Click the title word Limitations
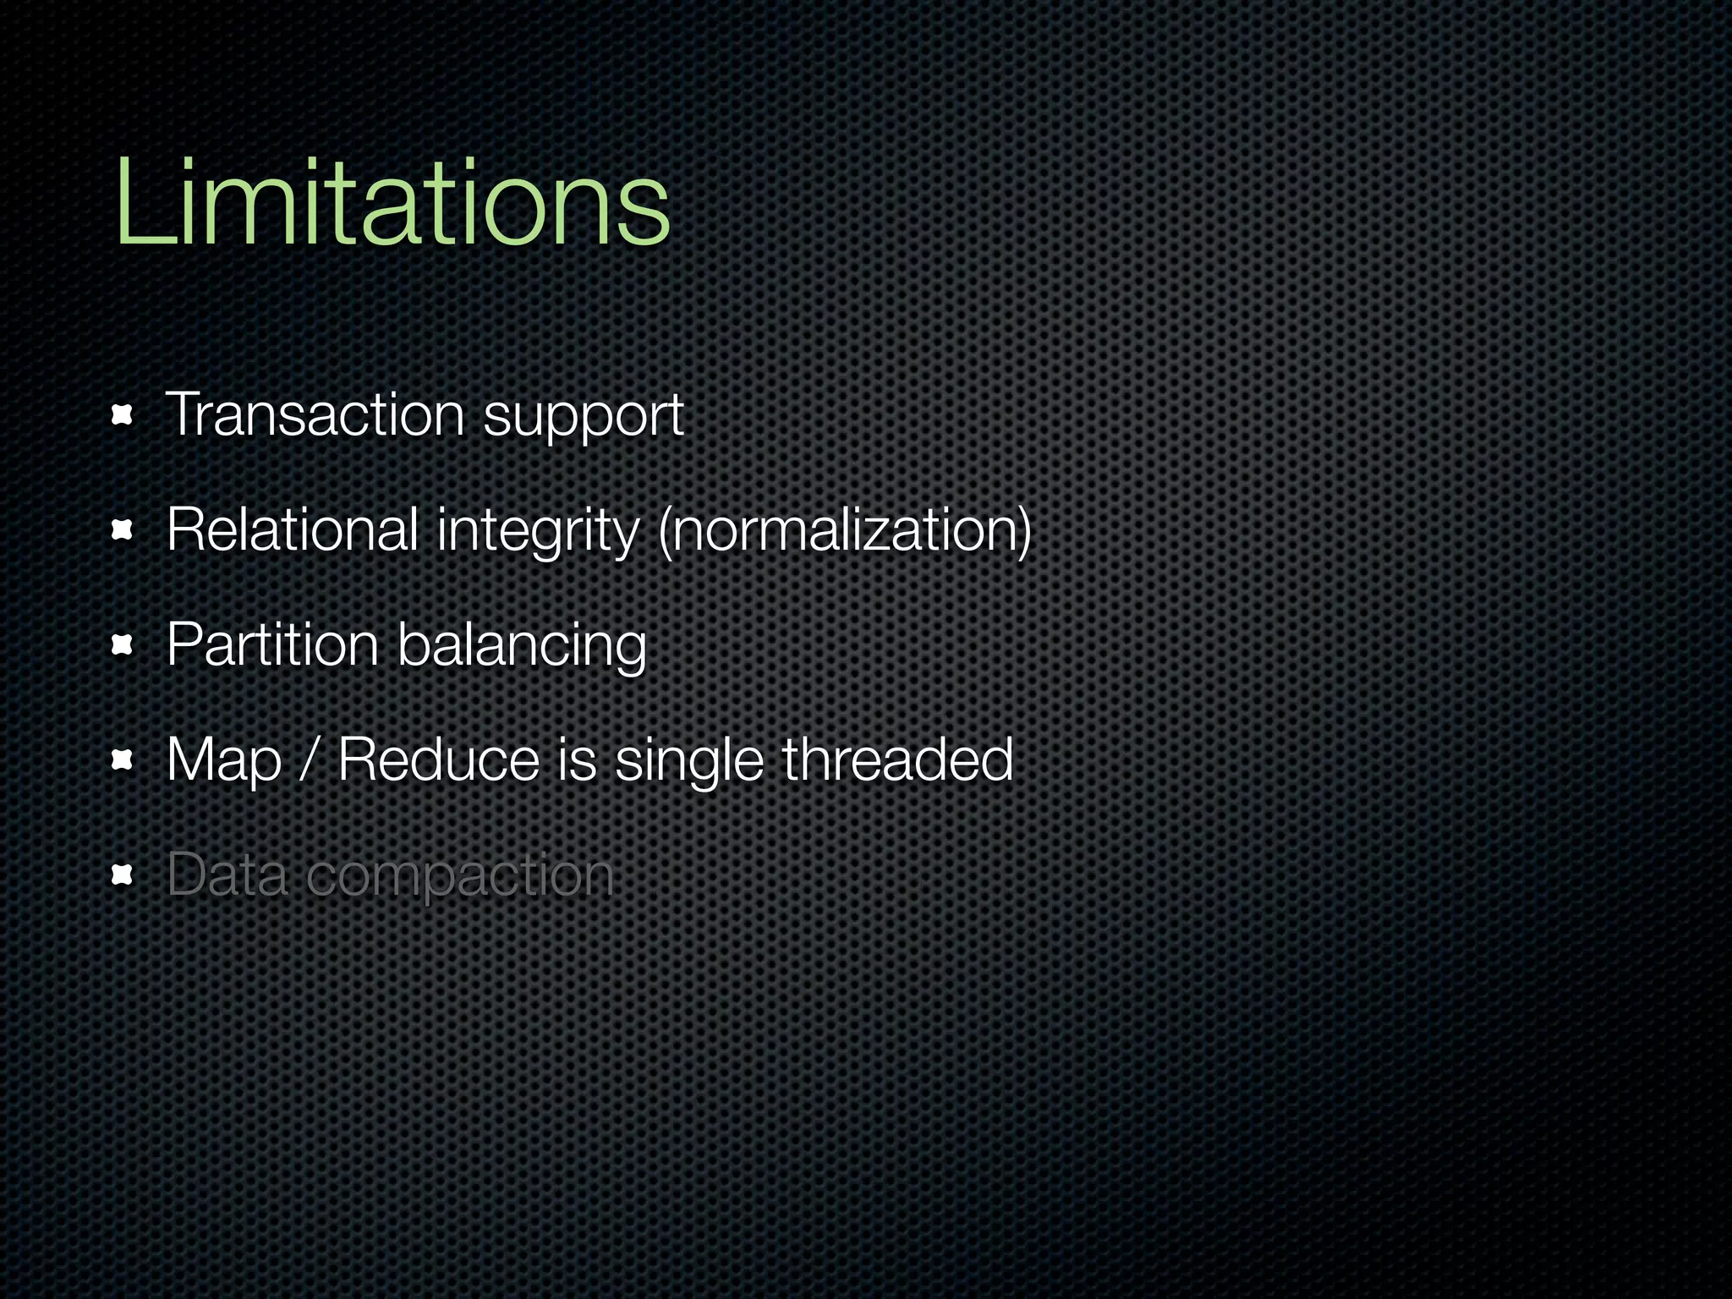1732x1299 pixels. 392,205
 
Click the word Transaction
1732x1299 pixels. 315,415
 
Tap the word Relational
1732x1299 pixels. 293,530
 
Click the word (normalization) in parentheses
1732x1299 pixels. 844,531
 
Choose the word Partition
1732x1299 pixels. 272,645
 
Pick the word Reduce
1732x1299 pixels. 438,759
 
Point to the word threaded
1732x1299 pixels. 897,759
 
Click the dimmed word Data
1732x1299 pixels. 227,874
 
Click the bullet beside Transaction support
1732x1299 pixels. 123,415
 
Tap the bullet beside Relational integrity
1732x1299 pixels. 123,530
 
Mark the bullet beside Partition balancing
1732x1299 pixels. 123,646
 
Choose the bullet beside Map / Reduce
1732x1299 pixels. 123,761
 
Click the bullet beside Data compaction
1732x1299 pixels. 123,875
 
